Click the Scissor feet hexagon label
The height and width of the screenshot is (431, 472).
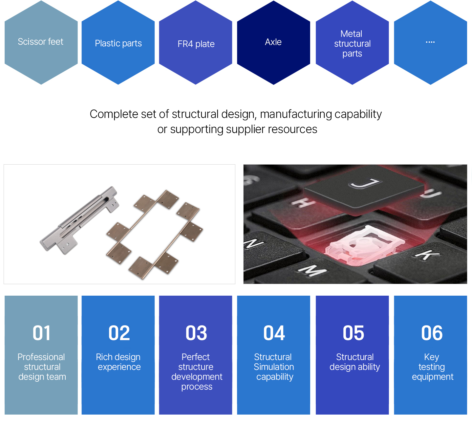coord(40,42)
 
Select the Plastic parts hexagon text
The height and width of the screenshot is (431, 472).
coord(118,43)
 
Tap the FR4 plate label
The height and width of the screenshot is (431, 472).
coord(196,44)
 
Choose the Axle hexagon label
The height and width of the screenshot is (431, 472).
coord(273,42)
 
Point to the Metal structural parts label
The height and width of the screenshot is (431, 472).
coord(352,44)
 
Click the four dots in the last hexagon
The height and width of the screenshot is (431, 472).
coord(430,42)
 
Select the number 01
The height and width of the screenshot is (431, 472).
coord(41,333)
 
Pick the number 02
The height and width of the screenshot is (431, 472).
coord(119,333)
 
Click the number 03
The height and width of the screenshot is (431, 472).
coord(196,333)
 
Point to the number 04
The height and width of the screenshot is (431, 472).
coord(274,333)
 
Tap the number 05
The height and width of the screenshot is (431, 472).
coord(354,333)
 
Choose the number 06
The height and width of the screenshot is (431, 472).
coord(432,333)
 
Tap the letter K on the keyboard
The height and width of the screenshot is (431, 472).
coord(427,255)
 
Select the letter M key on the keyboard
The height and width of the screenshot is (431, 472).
coord(312,270)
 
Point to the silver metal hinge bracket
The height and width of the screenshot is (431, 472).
coord(79,220)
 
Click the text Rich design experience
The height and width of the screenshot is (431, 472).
coord(118,362)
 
